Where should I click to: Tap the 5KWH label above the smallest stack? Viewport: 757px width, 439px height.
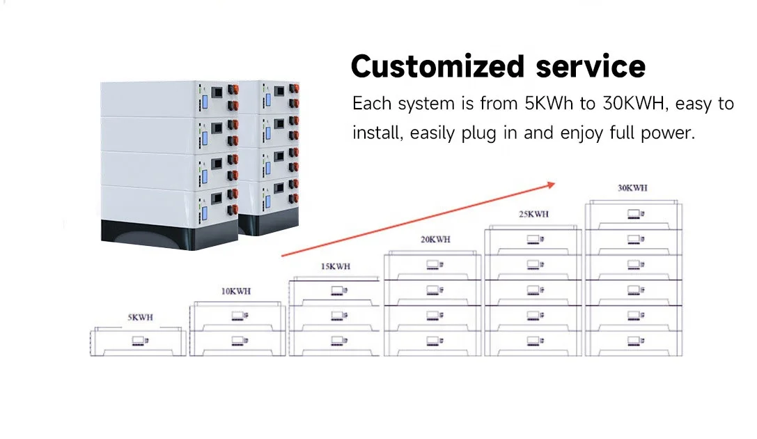pyautogui.click(x=139, y=317)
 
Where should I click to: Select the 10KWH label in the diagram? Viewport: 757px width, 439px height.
pyautogui.click(x=237, y=292)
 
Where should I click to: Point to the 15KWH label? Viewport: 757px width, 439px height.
pyautogui.click(x=335, y=266)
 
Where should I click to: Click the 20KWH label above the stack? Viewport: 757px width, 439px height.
pyautogui.click(x=435, y=239)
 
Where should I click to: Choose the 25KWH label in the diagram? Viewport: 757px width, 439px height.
pyautogui.click(x=533, y=213)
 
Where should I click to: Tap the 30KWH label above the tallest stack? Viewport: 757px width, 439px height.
pyautogui.click(x=632, y=188)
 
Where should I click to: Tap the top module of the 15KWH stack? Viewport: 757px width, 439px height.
pyautogui.click(x=336, y=291)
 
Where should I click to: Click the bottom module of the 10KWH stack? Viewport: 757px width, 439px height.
pyautogui.click(x=237, y=341)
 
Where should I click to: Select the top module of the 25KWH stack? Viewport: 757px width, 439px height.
pyautogui.click(x=533, y=240)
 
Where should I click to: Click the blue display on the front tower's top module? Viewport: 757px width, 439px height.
pyautogui.click(x=205, y=98)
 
